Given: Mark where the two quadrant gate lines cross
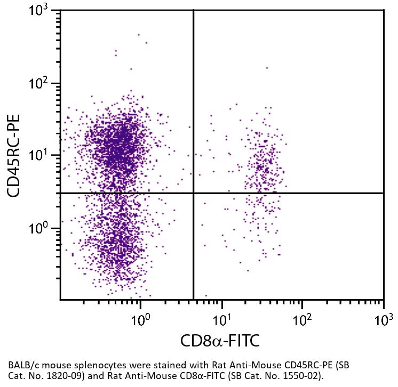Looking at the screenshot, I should (193, 193).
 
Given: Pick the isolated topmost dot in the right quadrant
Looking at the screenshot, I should (267, 68).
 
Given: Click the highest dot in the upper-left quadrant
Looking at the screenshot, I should (139, 35).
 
